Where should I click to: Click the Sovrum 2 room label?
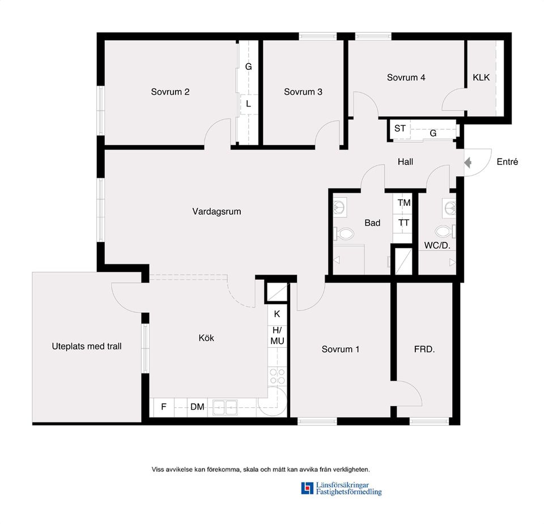[170, 92]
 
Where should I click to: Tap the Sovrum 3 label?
[303, 92]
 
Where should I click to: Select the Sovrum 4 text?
[406, 78]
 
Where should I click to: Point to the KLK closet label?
[481, 78]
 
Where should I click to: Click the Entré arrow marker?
[467, 163]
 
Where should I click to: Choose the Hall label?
[405, 162]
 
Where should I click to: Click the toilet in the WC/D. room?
[444, 231]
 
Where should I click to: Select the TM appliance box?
[404, 202]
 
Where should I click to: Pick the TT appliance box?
[403, 223]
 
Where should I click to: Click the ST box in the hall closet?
[400, 129]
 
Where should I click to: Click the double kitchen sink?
[225, 407]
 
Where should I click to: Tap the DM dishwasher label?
[197, 407]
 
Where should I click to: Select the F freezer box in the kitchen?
[164, 407]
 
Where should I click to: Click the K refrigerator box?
[277, 314]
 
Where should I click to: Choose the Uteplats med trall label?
[87, 346]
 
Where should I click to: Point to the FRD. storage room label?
[424, 350]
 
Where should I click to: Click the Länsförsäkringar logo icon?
[307, 488]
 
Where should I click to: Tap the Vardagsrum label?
[216, 212]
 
